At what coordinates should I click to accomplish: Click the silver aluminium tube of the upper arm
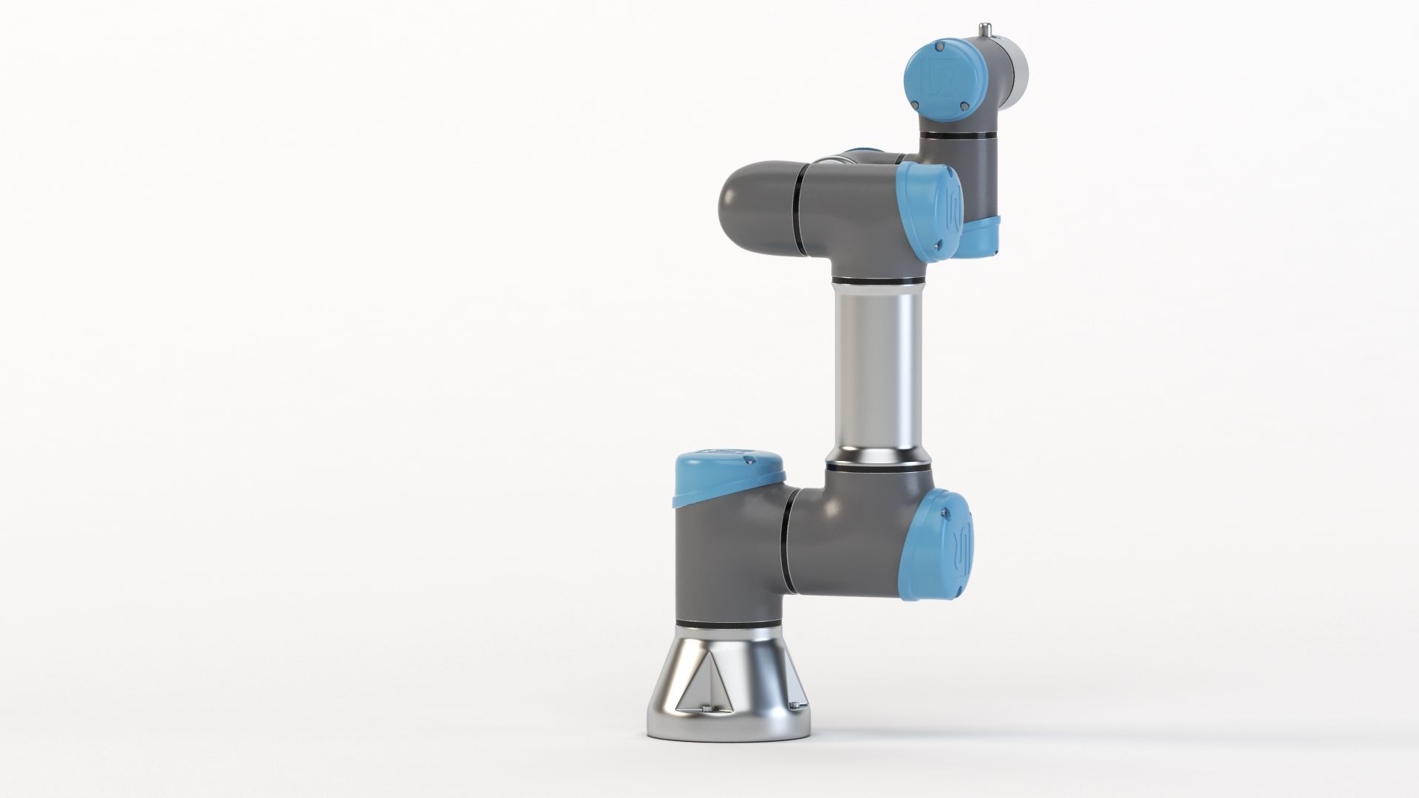click(877, 369)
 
